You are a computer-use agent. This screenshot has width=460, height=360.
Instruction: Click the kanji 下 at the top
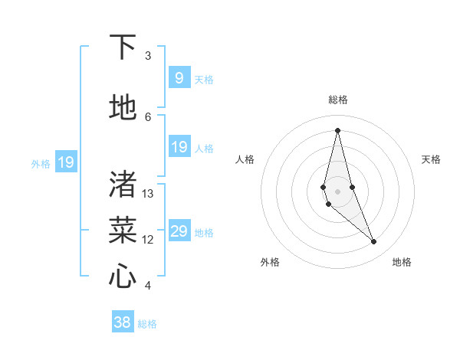pyautogui.click(x=123, y=47)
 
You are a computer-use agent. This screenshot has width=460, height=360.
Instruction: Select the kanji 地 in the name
pyautogui.click(x=123, y=108)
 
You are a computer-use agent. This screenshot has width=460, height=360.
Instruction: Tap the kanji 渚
pyautogui.click(x=123, y=183)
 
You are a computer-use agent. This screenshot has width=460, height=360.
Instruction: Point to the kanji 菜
pyautogui.click(x=123, y=229)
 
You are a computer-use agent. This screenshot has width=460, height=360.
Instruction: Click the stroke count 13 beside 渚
pyautogui.click(x=148, y=194)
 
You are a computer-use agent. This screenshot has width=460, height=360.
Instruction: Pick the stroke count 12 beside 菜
pyautogui.click(x=148, y=240)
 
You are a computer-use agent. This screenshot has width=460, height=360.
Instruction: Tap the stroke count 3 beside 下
pyautogui.click(x=148, y=56)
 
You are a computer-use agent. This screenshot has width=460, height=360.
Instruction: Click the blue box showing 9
pyautogui.click(x=179, y=77)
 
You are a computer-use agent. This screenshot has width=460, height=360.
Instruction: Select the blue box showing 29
pyautogui.click(x=179, y=231)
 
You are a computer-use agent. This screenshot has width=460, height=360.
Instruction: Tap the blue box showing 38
pyautogui.click(x=123, y=322)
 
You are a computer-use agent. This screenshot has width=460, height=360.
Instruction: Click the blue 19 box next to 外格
pyautogui.click(x=66, y=162)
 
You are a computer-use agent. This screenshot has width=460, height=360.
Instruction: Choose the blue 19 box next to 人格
pyautogui.click(x=179, y=147)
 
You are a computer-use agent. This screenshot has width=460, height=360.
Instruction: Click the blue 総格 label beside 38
pyautogui.click(x=147, y=324)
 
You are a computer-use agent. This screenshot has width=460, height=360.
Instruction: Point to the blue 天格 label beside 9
pyautogui.click(x=204, y=79)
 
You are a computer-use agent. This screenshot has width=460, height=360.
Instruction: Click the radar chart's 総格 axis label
pyautogui.click(x=338, y=100)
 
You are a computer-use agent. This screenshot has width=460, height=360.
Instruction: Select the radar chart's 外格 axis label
pyautogui.click(x=270, y=262)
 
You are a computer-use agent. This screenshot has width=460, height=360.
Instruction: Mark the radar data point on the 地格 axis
pyautogui.click(x=374, y=242)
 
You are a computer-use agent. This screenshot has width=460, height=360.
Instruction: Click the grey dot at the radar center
pyautogui.click(x=338, y=190)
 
